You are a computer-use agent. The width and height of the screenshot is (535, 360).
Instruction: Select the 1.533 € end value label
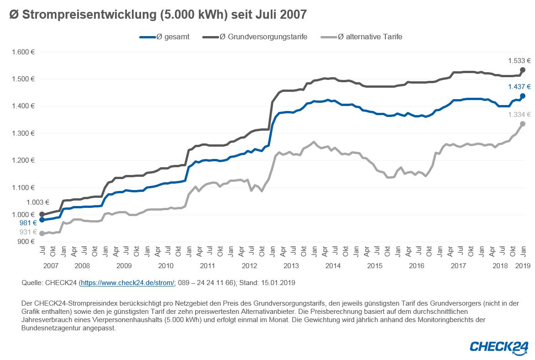519,60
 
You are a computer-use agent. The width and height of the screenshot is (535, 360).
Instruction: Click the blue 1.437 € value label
519,87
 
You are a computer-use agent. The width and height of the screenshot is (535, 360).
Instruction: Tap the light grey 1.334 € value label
519,115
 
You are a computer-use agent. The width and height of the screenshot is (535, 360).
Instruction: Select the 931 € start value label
27,233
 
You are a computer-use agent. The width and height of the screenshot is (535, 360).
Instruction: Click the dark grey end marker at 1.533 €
523,70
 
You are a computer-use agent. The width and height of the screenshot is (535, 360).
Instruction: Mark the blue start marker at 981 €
42,220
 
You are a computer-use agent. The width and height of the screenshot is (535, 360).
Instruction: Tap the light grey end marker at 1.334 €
523,124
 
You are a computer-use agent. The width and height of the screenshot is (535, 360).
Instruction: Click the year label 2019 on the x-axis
523,265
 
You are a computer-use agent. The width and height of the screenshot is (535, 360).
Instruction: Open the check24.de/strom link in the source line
127,283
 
